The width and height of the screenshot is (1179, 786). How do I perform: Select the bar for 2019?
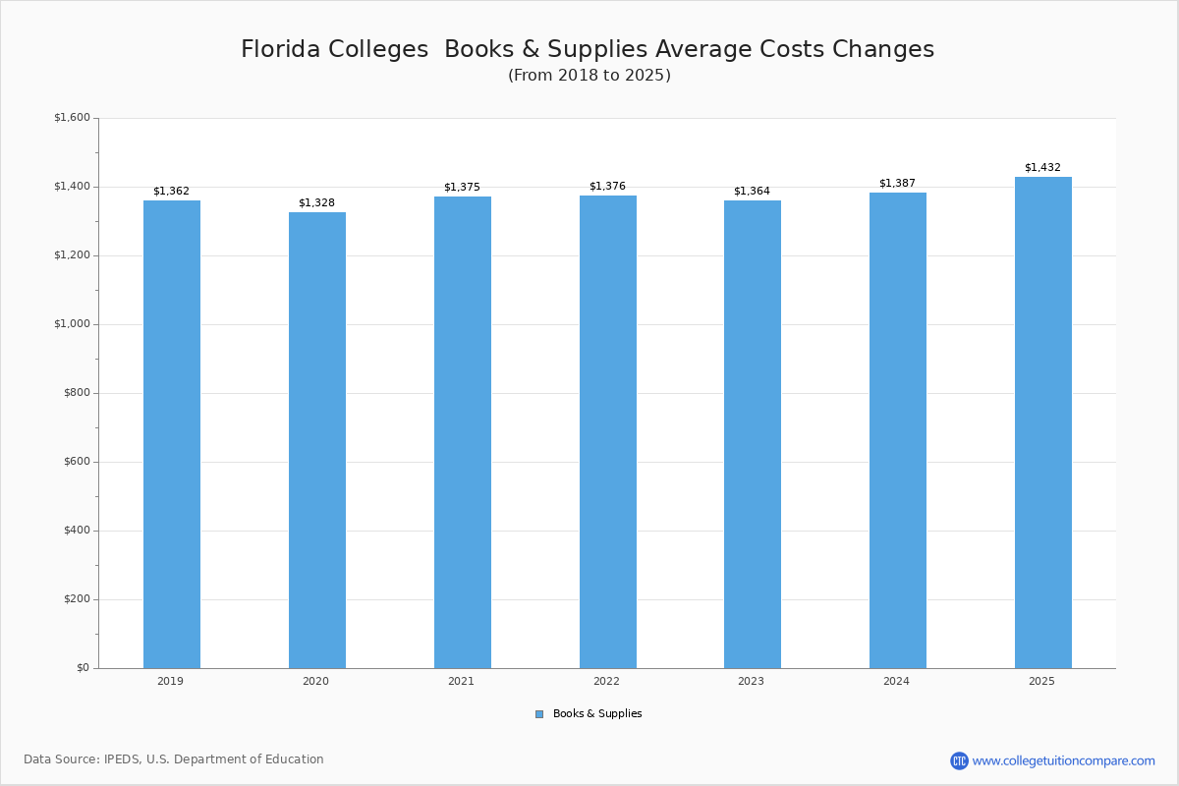171,434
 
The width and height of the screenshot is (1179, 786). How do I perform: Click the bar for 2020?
316,440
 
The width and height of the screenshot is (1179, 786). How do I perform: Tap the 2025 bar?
1042,422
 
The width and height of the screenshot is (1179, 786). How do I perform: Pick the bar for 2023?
752,434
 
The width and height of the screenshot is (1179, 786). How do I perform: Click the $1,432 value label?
1042,168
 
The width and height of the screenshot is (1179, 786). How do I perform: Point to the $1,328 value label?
316,203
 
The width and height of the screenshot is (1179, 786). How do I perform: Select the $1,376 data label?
607,187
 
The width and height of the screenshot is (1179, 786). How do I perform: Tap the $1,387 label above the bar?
897,184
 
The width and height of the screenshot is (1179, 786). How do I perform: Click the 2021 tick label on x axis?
462,681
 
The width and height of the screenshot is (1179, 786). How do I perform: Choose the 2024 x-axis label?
897,681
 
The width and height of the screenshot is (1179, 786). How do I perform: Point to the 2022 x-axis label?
607,681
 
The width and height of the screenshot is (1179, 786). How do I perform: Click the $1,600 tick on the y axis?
72,118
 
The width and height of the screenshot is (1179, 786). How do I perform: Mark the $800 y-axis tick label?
76,393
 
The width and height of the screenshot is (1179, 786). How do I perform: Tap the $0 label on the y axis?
83,668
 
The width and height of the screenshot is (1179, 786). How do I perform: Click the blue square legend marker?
539,714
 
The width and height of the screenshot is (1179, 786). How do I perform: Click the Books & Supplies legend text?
597,714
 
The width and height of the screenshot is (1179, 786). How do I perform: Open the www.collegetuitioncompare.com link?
1063,760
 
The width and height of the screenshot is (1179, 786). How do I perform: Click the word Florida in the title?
280,49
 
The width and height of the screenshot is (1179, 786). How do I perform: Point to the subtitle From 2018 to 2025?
589,76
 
